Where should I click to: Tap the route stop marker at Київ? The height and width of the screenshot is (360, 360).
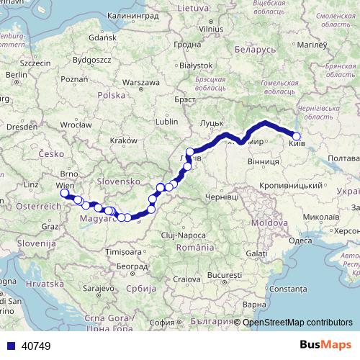click(297, 136)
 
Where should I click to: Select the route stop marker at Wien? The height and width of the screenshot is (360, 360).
click(65, 193)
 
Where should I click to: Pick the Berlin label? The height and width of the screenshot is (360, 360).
click(16, 74)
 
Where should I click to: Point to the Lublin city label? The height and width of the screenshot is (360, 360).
click(166, 122)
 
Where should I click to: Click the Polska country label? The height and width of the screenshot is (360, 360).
click(112, 95)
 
